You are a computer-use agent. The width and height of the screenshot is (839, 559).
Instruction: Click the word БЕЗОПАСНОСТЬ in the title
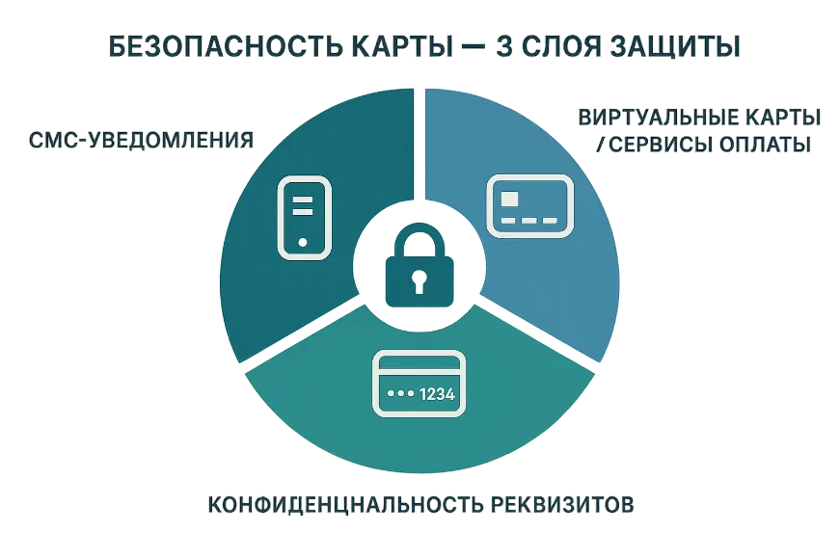tap(226, 47)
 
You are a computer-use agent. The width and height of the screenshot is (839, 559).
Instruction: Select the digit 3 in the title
tap(504, 47)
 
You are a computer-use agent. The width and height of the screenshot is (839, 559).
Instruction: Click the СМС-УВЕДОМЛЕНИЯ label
tap(141, 140)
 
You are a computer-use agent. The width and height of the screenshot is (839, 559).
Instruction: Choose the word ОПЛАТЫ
tap(765, 145)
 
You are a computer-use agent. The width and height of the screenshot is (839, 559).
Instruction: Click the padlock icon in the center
tap(419, 266)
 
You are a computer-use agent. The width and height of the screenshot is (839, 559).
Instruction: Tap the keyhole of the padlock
tap(419, 281)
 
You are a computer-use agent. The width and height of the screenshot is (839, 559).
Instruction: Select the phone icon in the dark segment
tap(304, 218)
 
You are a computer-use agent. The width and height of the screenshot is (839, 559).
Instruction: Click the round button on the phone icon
tap(303, 242)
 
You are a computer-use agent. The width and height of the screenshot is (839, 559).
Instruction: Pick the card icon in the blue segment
tap(529, 206)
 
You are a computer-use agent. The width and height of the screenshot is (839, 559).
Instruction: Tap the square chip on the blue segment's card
tap(509, 199)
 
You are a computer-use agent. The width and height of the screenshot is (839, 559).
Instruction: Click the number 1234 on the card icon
tap(437, 394)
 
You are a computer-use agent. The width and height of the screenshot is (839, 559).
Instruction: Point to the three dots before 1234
tap(401, 393)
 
